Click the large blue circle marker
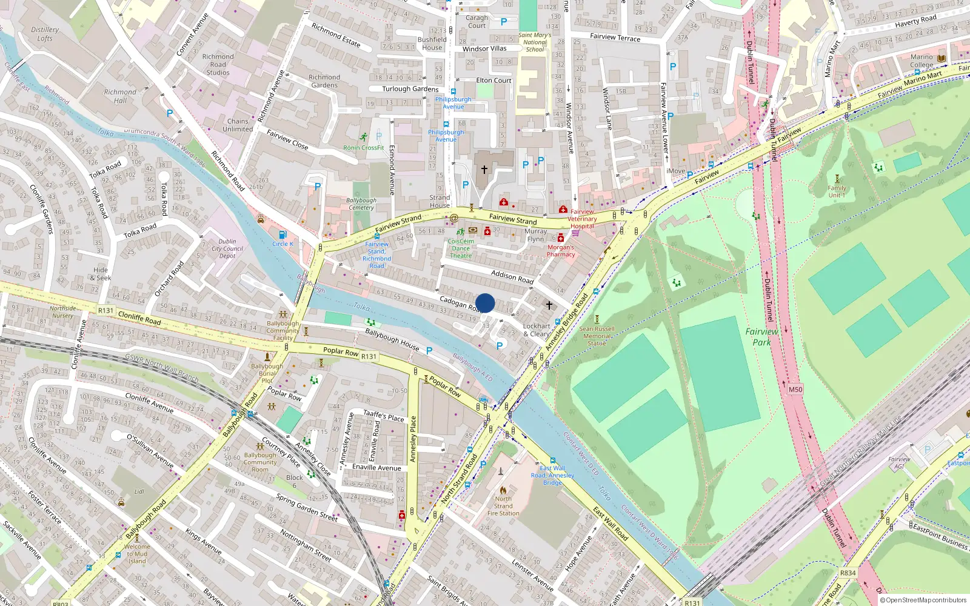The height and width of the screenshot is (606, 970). coord(485,303)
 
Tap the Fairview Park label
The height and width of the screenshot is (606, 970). coord(761,337)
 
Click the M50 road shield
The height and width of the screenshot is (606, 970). coord(795,390)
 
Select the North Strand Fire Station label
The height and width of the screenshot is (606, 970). coord(503,506)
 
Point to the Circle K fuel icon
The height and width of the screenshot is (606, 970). coord(282,235)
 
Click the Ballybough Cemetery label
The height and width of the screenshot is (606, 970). coord(361,204)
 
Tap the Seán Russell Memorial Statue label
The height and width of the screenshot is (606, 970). coord(597,336)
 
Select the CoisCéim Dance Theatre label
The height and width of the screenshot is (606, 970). coord(461,248)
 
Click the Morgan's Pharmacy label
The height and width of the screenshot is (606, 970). coord(561,251)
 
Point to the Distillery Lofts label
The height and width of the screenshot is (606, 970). coord(45,34)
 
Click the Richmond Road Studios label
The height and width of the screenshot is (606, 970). coord(218,65)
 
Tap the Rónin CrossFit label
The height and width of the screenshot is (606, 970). coord(364,147)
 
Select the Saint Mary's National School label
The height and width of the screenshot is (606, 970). coord(535,42)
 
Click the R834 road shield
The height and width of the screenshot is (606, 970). coord(848,573)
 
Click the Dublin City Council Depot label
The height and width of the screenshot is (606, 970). coord(227,248)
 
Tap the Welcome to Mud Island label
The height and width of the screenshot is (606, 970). coord(137,553)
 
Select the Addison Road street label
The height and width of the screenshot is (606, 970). coord(512,276)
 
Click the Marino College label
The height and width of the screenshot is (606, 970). coord(921,61)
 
